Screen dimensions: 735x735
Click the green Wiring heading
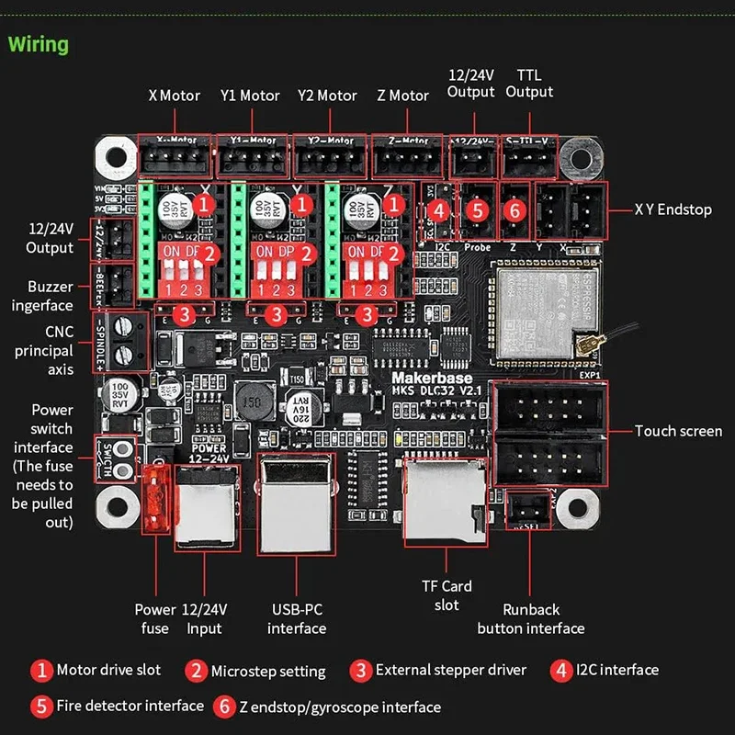(39, 44)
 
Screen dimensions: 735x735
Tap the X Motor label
(175, 96)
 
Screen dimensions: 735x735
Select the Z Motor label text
(401, 96)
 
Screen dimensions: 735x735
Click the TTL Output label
(529, 83)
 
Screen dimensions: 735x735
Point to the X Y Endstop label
(673, 209)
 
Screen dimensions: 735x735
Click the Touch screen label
(678, 431)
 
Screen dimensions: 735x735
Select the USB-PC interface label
(297, 618)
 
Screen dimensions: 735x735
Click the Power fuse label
(155, 618)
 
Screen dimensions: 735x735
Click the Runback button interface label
(531, 618)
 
